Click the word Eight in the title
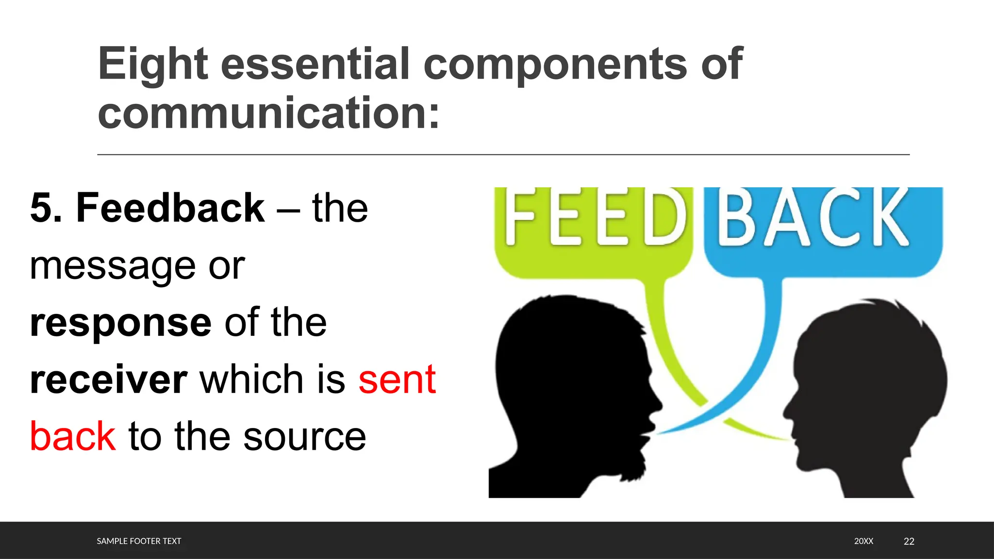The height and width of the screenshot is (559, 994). [x=153, y=64]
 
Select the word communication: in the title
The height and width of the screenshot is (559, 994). [x=268, y=113]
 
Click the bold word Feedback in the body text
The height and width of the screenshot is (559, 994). [x=170, y=208]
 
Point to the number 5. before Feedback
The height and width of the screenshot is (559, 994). [x=46, y=208]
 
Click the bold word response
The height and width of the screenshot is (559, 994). [x=120, y=323]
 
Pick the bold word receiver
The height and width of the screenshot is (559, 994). [x=108, y=379]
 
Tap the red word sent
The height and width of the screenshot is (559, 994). [x=397, y=379]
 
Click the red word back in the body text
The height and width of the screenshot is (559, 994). [x=73, y=436]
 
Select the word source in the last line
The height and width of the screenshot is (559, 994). [x=304, y=436]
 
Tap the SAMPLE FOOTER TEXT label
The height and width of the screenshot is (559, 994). [x=139, y=541]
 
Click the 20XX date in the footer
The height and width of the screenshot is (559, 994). [x=863, y=541]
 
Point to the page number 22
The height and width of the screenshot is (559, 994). [x=909, y=541]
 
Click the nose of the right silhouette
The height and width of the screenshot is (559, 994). [x=787, y=410]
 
